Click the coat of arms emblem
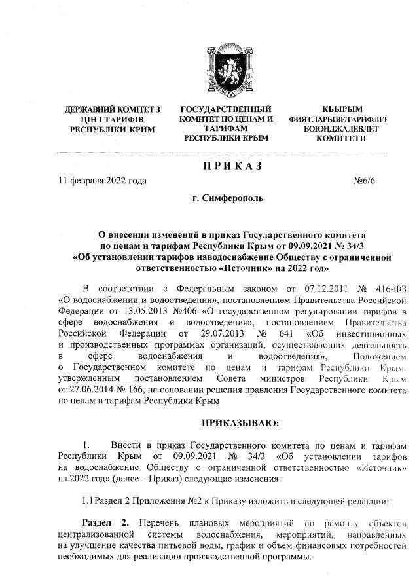[x=227, y=69]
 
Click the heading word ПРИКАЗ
[x=228, y=166]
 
